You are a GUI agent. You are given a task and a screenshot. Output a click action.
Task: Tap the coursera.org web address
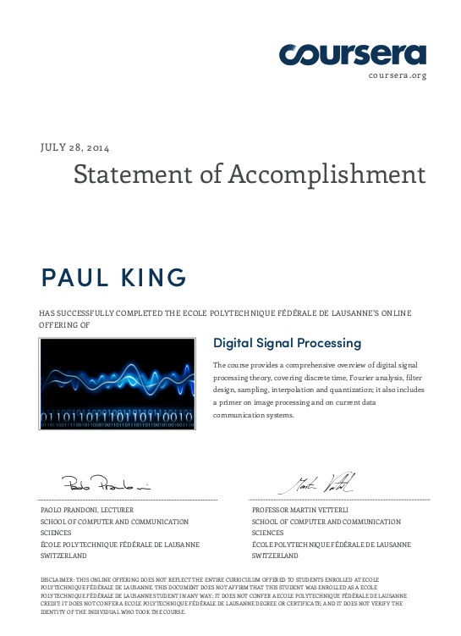[398, 75]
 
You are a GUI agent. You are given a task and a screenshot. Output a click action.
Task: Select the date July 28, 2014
[75, 147]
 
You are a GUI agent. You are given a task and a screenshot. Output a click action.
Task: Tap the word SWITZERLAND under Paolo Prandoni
[64, 556]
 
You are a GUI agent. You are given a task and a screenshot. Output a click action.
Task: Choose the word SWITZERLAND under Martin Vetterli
[276, 556]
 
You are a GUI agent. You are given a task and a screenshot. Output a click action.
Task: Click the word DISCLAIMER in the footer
[58, 579]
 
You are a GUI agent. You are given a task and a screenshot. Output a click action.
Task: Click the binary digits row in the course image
[118, 416]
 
